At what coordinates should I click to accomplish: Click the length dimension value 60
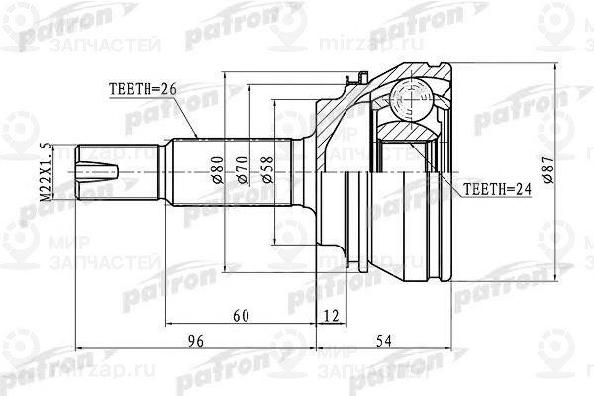click(241, 315)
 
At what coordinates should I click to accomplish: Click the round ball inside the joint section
click(405, 96)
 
